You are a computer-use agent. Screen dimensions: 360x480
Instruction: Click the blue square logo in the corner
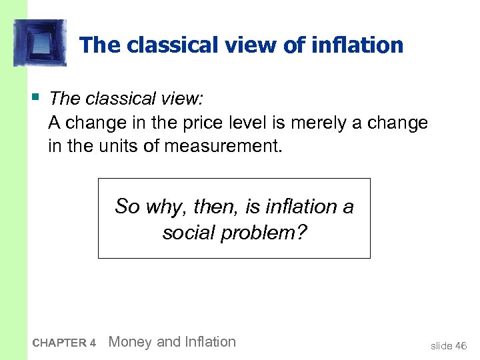point(39,43)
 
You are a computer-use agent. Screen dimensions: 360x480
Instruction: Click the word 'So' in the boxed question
point(127,207)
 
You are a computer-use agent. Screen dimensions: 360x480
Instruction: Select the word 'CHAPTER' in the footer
point(59,343)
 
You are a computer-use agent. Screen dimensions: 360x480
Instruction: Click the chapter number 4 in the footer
point(93,343)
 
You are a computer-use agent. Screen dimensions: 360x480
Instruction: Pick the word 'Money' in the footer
point(129,342)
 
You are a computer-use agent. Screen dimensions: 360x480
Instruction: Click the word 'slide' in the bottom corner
point(441,345)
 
